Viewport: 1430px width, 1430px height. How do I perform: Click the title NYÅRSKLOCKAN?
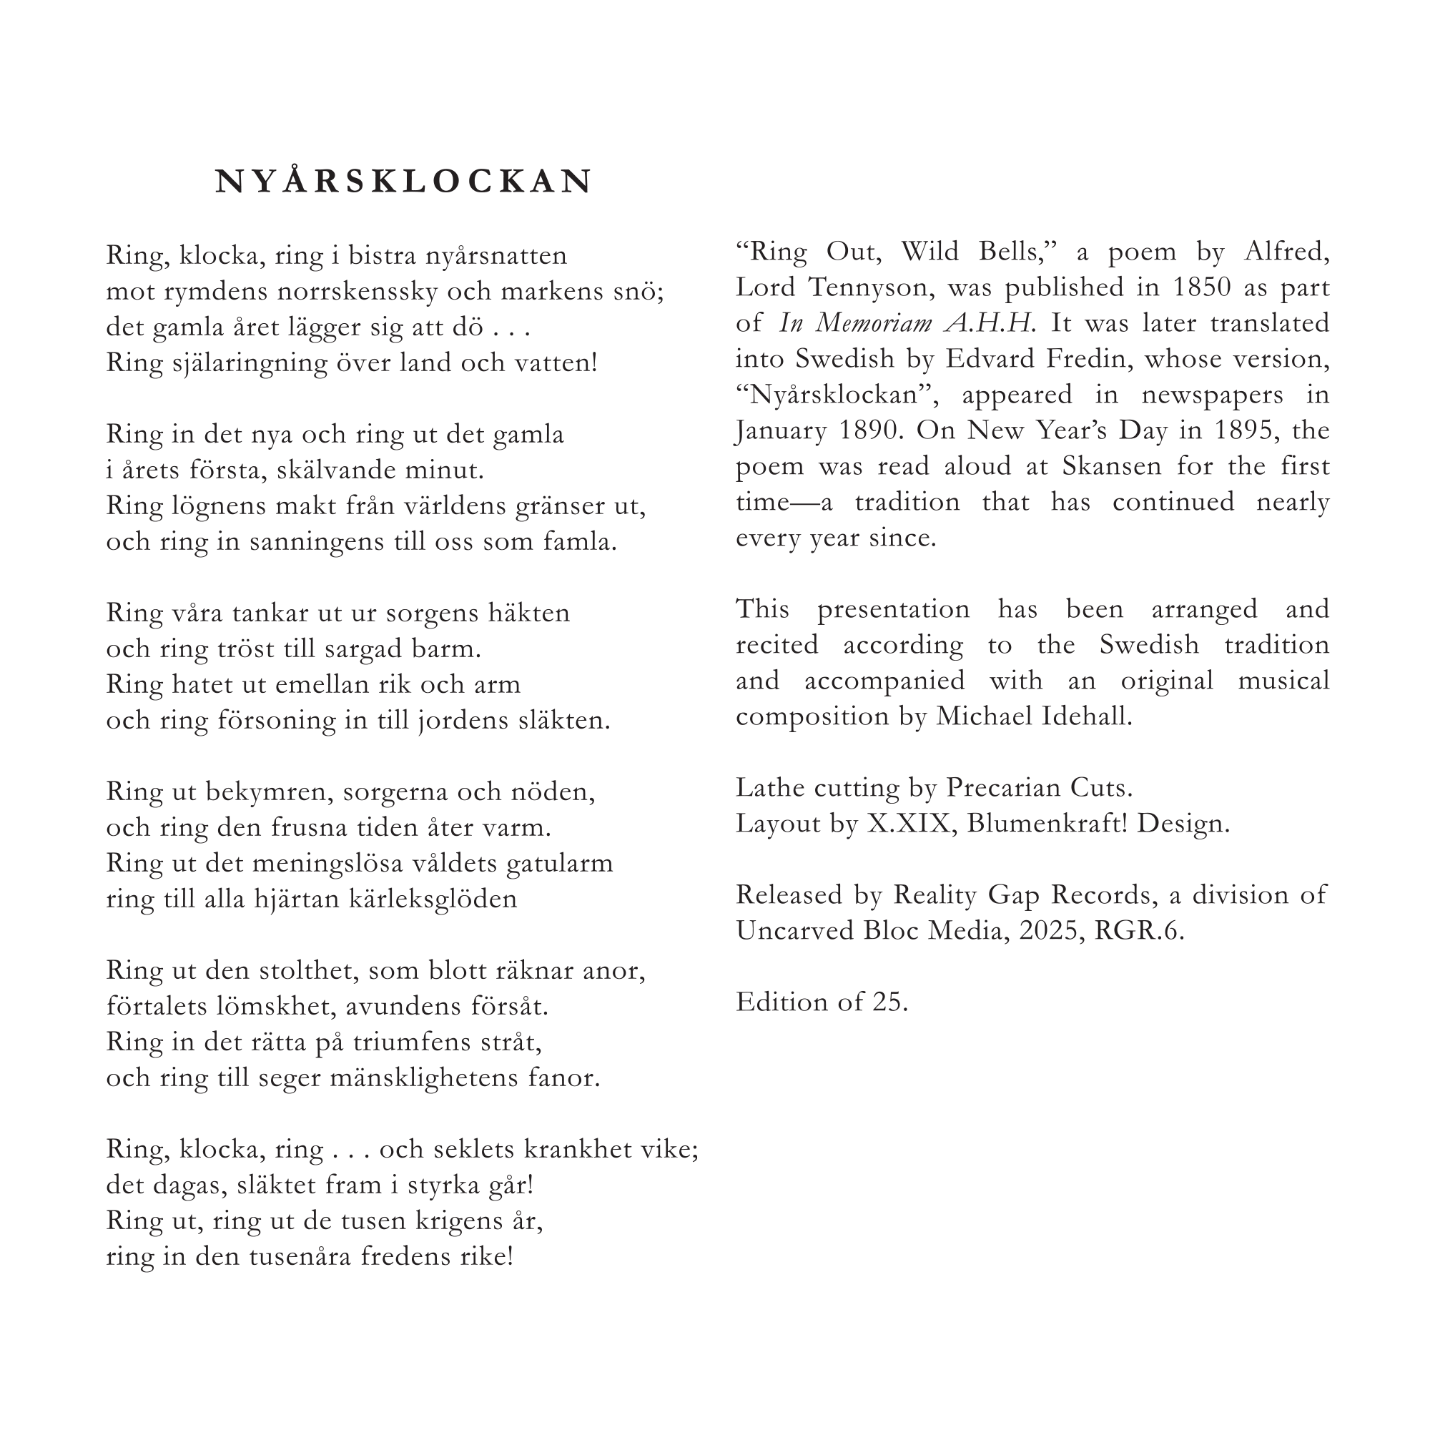pos(403,182)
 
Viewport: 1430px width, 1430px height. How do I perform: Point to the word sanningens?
pos(312,542)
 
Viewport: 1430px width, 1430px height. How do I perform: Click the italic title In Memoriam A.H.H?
pos(907,323)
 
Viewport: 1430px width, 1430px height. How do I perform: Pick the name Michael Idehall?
pos(1033,716)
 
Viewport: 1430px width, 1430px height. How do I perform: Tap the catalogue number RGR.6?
pos(1138,930)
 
